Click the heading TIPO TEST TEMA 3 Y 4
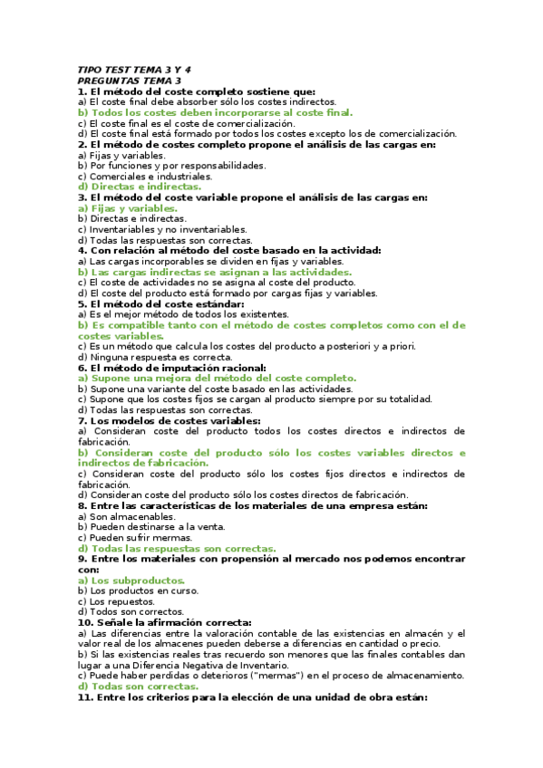pos(134,70)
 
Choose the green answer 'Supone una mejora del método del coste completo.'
pos(217,378)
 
